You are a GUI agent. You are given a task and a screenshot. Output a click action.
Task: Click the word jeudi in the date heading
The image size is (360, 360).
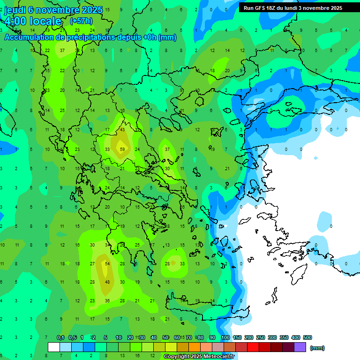(15, 10)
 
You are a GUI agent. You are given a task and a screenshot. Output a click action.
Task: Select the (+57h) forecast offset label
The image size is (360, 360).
(81, 21)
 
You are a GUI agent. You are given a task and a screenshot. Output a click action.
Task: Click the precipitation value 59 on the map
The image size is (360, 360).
(122, 150)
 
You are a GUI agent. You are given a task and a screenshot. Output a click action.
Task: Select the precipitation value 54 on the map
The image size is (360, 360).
(107, 264)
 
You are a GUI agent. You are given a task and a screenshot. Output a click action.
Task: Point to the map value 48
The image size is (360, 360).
(107, 282)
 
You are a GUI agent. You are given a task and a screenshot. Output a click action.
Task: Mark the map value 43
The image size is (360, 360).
(122, 130)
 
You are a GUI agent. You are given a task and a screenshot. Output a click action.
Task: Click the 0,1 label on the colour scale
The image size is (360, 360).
(60, 337)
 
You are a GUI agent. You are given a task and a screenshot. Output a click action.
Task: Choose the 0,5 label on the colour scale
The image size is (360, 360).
(72, 337)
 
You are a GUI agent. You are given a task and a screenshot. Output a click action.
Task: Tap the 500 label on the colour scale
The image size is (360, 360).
(307, 337)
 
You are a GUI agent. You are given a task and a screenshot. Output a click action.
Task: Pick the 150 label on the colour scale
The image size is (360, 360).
(237, 337)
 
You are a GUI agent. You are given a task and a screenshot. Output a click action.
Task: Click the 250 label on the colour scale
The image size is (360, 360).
(261, 337)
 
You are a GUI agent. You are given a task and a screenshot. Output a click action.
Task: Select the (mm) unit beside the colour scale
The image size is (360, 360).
(318, 348)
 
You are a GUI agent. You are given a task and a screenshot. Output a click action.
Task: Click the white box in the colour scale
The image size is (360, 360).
(54, 347)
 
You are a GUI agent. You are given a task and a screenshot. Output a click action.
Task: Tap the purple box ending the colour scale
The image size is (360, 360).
(300, 347)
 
